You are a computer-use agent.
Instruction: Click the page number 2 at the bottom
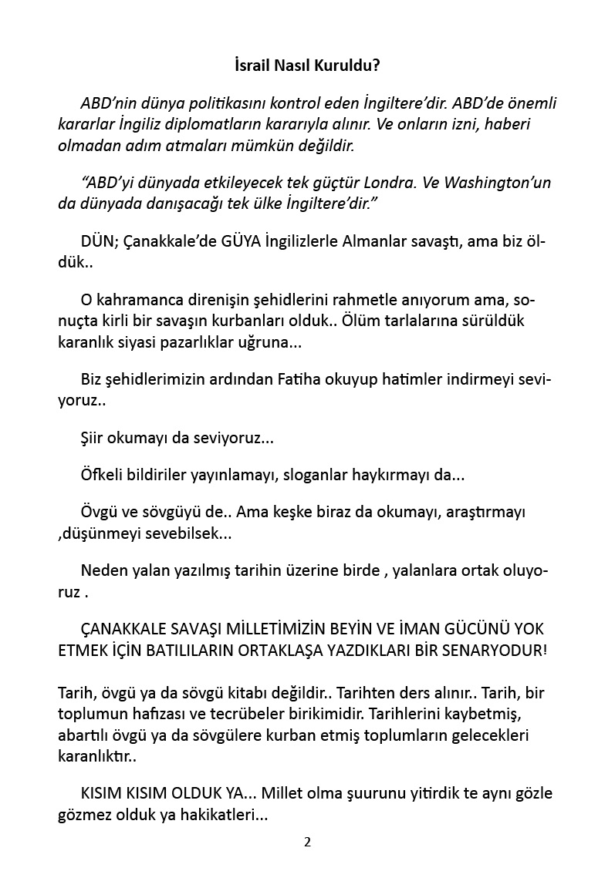click(307, 841)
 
